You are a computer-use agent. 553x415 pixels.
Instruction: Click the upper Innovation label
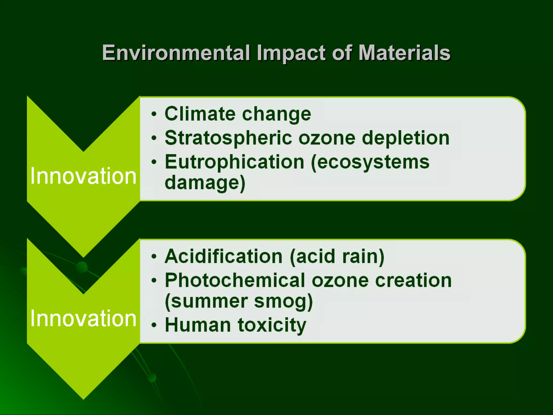(x=83, y=176)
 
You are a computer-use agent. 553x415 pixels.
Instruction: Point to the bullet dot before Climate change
(x=154, y=114)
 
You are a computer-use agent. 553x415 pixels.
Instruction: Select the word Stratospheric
(x=228, y=138)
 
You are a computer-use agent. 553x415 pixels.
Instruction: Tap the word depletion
(x=405, y=138)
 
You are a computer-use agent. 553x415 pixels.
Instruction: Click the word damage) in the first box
(x=205, y=183)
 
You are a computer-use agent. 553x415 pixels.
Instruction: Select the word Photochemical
(x=235, y=280)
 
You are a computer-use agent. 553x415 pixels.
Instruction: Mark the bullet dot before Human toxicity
(x=154, y=325)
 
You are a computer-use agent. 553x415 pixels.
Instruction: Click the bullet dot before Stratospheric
(x=154, y=138)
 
